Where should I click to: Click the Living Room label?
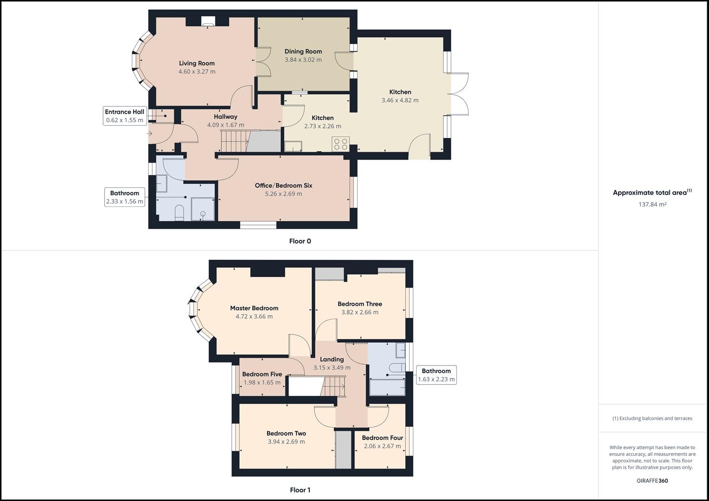coord(197,64)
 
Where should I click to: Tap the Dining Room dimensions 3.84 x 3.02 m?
coord(303,60)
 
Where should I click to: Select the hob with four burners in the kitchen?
coord(340,144)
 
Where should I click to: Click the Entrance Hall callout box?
coord(124,116)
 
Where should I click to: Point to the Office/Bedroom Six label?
coord(283,186)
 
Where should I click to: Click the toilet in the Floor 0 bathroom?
coord(180,213)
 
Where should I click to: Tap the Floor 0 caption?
coord(300,241)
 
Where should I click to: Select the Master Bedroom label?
coord(254,308)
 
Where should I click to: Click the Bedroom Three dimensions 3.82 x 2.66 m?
coord(360,312)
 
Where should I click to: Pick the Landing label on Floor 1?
coord(332,360)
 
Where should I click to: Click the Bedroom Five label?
coord(262,374)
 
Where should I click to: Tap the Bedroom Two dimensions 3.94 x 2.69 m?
coord(286,442)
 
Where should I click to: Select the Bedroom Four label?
coord(382,438)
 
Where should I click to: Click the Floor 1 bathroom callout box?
coord(436,375)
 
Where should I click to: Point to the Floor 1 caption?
coord(300,490)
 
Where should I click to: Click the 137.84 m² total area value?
coord(652,205)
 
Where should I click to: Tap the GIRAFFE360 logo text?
coord(652,481)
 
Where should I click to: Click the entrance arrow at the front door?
coord(150,134)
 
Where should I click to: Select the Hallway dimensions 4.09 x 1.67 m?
coord(226,125)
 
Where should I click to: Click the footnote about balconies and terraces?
coord(652,418)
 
